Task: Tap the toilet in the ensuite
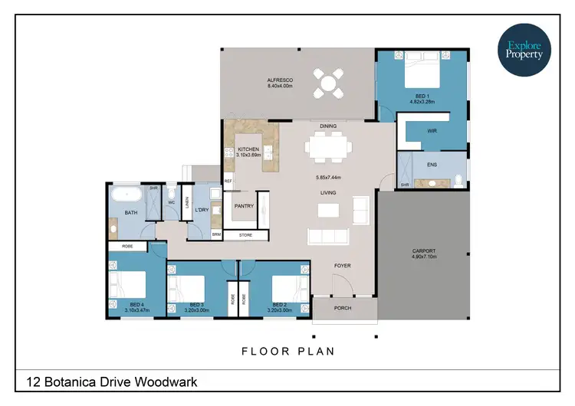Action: pos(457,181)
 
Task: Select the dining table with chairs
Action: pos(328,146)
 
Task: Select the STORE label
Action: pos(245,235)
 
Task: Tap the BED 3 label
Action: pos(197,305)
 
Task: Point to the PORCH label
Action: pos(343,309)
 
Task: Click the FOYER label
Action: pos(343,266)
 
